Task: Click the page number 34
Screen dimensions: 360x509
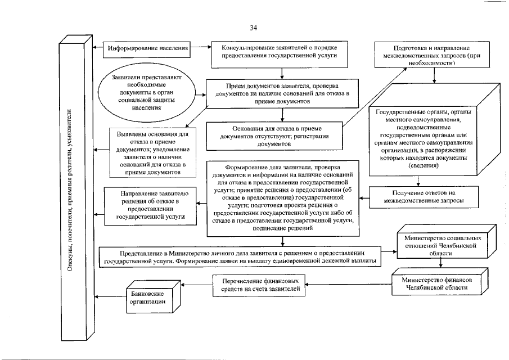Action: [254, 28]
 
